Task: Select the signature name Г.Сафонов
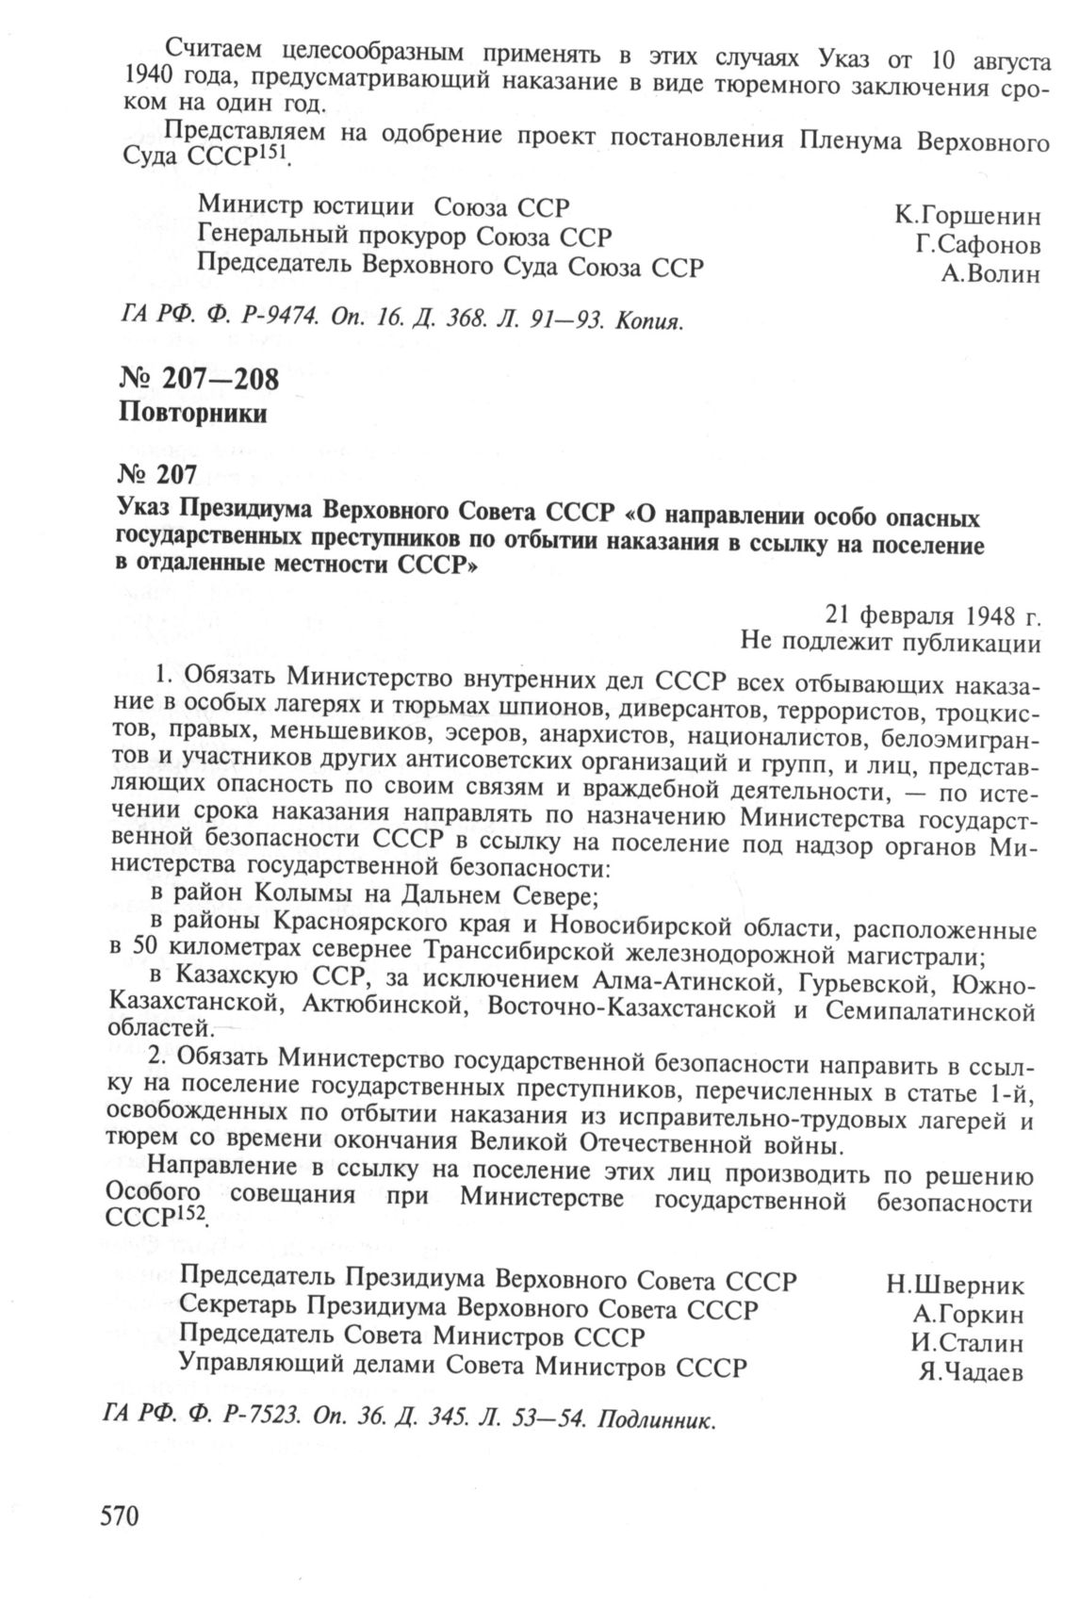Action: tap(977, 246)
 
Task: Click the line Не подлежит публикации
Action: tap(891, 644)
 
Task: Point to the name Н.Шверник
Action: tap(955, 1286)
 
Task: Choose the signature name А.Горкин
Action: tap(968, 1314)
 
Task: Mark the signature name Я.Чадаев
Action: tap(971, 1372)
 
